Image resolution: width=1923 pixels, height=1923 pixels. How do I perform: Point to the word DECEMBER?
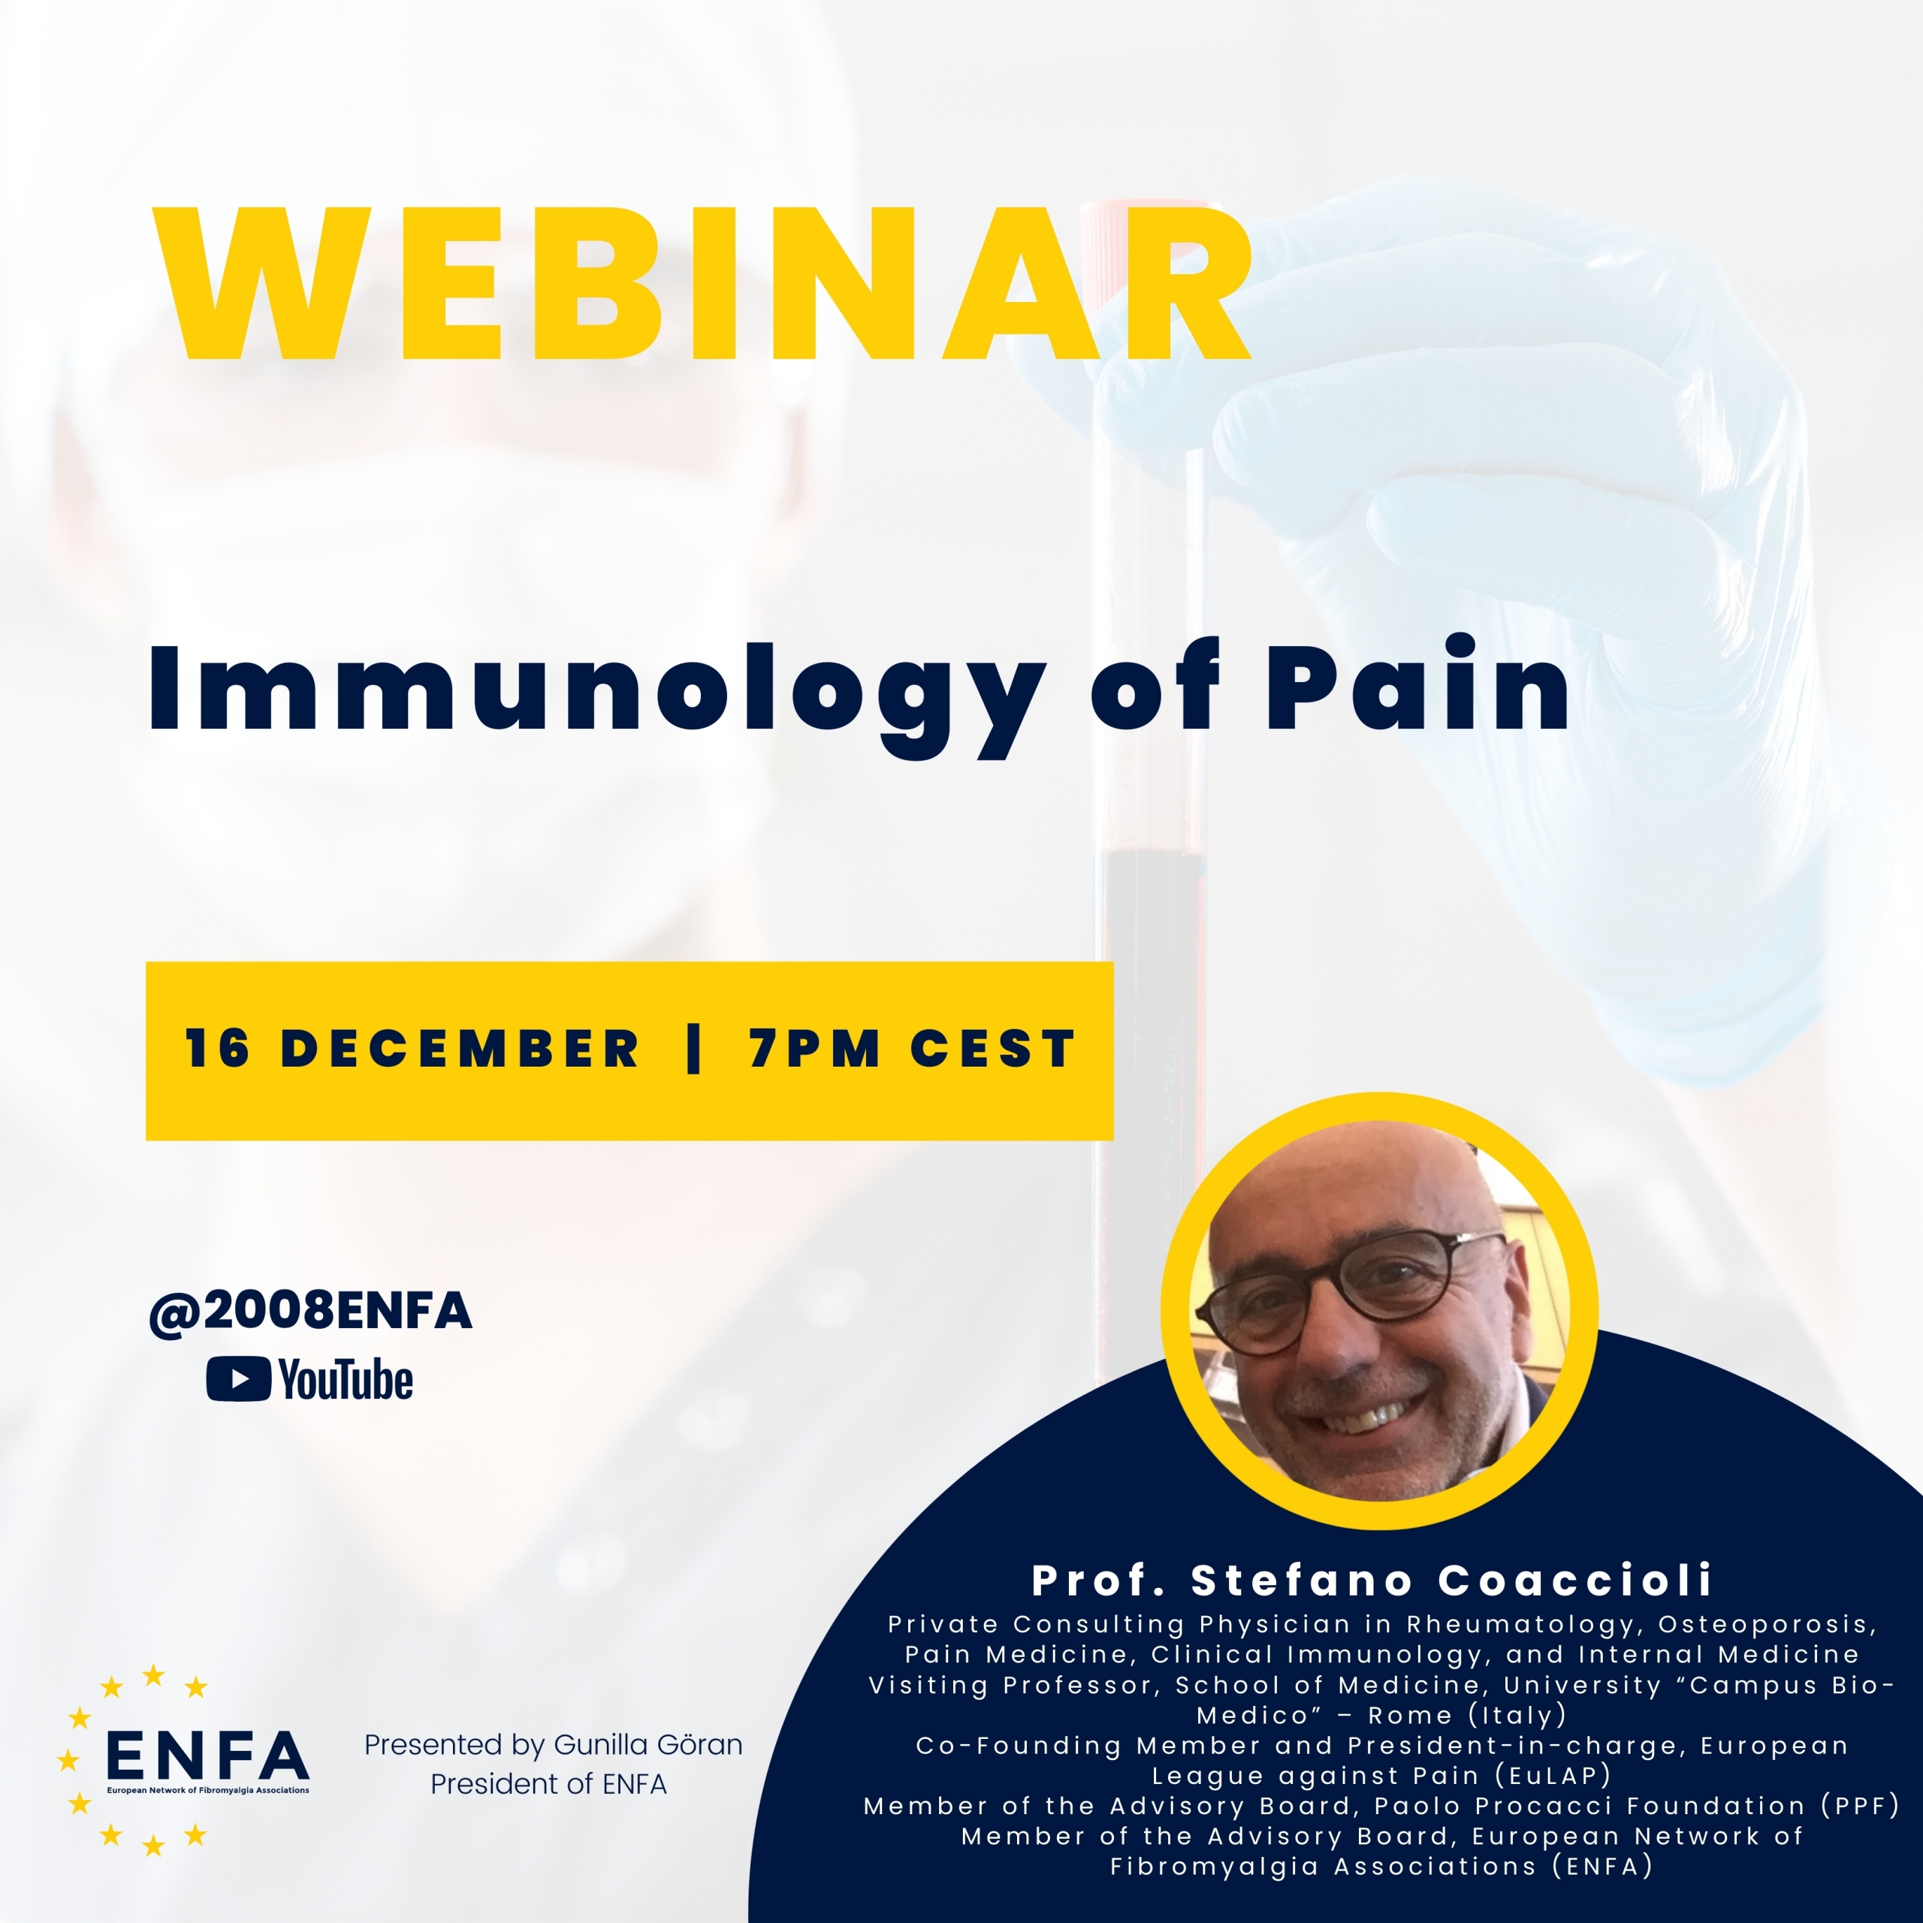(460, 1049)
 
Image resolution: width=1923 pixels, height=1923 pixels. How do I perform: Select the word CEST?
(992, 1049)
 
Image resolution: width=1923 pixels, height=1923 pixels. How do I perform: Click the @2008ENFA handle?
(310, 1312)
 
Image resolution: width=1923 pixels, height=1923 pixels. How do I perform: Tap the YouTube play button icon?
(238, 1378)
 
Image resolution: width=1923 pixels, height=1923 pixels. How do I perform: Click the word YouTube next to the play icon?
(346, 1380)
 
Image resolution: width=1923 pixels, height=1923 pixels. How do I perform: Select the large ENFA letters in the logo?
(207, 1754)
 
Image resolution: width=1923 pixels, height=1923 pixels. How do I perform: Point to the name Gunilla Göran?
(648, 1745)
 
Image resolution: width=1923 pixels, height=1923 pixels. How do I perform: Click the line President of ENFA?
(548, 1783)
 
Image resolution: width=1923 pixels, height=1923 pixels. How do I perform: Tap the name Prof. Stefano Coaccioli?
(1372, 1580)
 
